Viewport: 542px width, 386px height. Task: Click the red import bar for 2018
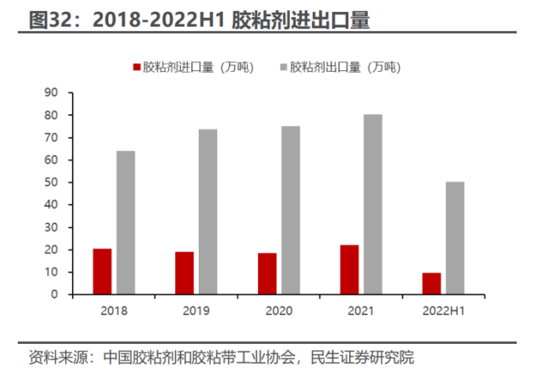click(102, 272)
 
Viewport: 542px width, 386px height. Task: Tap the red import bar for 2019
click(184, 274)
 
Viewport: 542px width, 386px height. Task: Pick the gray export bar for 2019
click(208, 212)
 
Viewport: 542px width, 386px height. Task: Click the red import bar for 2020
click(267, 274)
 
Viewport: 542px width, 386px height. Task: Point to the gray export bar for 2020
click(291, 210)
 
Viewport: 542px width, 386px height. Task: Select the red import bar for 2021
click(349, 270)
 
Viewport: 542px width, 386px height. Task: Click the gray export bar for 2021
click(373, 204)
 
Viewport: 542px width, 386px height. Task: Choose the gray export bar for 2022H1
click(456, 238)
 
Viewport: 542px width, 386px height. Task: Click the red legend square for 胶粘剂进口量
click(135, 68)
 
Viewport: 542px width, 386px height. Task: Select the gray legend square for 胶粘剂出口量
click(282, 68)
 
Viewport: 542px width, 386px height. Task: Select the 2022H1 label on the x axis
click(443, 312)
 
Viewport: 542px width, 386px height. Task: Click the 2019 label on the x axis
click(196, 312)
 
